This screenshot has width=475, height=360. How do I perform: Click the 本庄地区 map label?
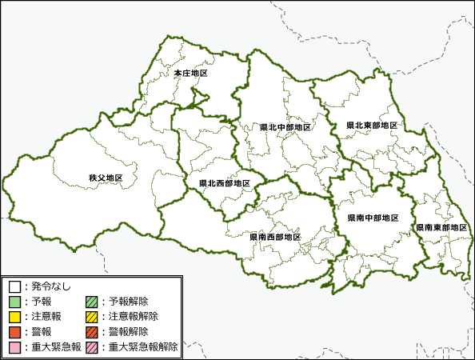pos(190,74)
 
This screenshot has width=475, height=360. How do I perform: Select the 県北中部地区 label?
pos(285,127)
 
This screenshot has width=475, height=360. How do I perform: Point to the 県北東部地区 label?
pos(372,126)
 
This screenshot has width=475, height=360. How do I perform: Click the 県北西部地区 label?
pos(225,183)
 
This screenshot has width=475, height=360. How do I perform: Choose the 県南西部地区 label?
pos(275,237)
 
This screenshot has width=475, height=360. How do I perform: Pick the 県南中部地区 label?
pos(373,218)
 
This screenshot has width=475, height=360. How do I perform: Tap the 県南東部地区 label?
pos(441,227)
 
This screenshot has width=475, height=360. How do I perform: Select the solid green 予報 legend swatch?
pos(14,302)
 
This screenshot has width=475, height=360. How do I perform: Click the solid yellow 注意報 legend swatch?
pos(14,317)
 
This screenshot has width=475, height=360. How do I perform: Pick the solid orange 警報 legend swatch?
pos(14,332)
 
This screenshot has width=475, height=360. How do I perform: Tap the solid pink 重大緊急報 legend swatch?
pos(14,347)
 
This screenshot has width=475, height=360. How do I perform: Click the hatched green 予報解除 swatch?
pos(92,302)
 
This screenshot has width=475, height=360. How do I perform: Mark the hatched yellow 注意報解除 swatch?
pos(92,317)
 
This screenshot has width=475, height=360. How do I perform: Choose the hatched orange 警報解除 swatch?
pos(92,332)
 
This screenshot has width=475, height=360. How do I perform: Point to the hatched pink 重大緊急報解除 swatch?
pos(92,347)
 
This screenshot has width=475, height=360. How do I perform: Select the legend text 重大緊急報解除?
pos(143,347)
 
